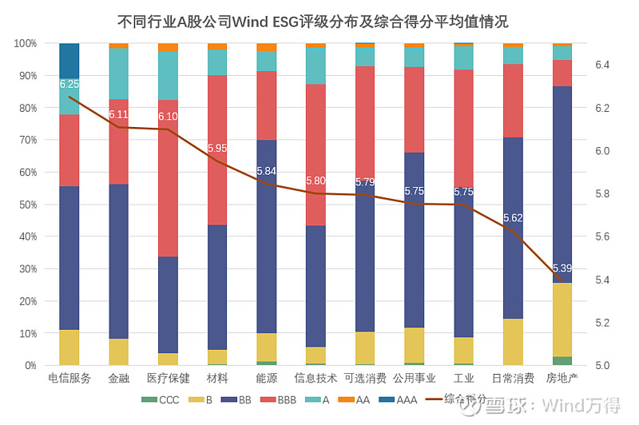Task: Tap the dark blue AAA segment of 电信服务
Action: tap(69, 60)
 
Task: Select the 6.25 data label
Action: tap(69, 84)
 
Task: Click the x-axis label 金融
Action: tap(119, 378)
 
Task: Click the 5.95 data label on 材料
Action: tap(217, 148)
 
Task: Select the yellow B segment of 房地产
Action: tap(562, 320)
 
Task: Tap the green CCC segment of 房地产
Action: tap(562, 361)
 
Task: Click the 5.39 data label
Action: tap(562, 268)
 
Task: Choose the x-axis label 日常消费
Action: tap(513, 378)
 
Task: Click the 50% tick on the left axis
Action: tap(26, 205)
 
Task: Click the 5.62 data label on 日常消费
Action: tap(513, 218)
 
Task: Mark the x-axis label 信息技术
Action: tap(316, 378)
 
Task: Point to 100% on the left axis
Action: tap(25, 43)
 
